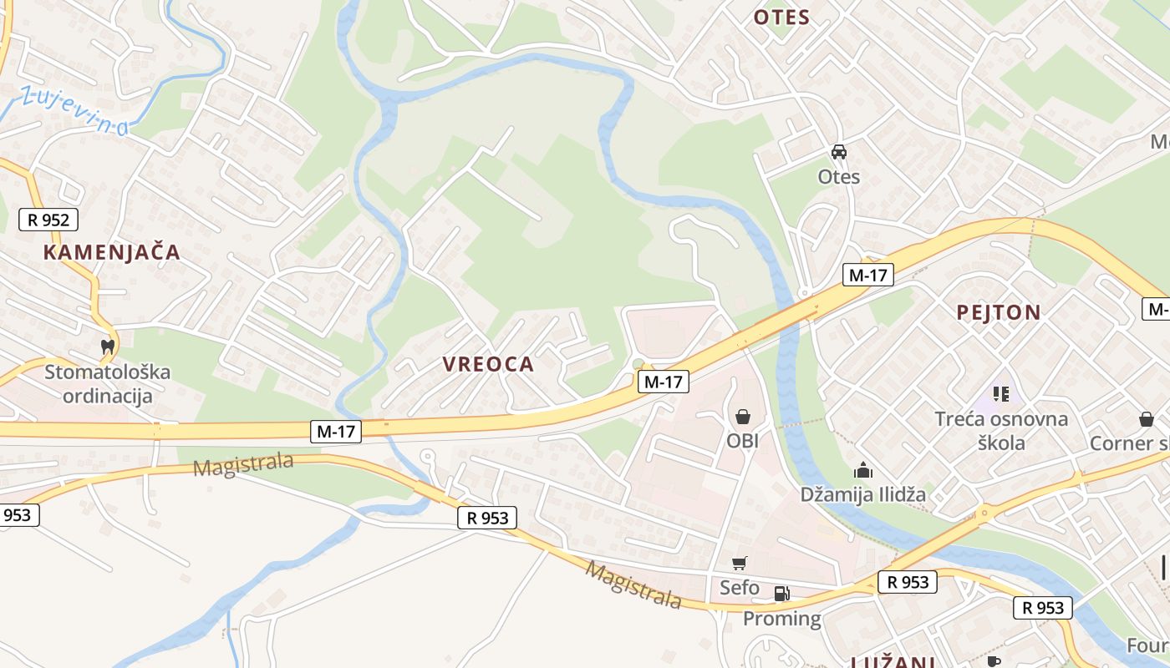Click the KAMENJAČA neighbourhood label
(111, 252)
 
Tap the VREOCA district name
(488, 364)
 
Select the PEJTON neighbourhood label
(999, 313)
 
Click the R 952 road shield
(48, 220)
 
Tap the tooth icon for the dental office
(107, 346)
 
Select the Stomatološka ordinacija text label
(107, 383)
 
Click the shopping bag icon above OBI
(742, 416)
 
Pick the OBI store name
(742, 440)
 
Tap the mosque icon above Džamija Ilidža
(863, 471)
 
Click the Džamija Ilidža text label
(863, 494)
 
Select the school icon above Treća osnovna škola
(1000, 393)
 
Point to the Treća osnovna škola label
(1001, 430)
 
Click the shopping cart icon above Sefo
(739, 564)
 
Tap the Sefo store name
(740, 588)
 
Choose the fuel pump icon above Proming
(781, 594)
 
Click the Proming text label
(781, 619)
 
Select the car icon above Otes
(838, 152)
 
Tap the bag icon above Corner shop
(1146, 419)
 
